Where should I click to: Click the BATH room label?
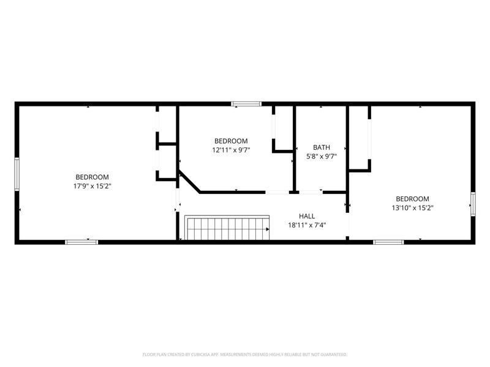coord(321,147)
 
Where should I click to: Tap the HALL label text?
coord(307,216)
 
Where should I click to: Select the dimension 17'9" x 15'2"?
coord(92,187)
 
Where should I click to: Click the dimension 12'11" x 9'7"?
coord(231,150)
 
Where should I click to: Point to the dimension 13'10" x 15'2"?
coord(412,208)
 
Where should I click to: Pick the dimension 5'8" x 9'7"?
coord(321,156)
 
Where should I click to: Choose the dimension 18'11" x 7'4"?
coord(307,225)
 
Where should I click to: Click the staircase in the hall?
coord(227,228)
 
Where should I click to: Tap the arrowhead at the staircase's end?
coord(268,229)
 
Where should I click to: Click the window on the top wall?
coord(246,104)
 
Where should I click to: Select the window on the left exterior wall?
coord(17,174)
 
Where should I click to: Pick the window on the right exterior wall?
coord(473,204)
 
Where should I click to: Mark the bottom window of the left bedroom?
coord(81,242)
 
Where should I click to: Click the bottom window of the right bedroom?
coord(388,242)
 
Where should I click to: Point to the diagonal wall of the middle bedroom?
coord(190,182)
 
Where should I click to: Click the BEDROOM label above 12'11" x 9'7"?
coord(231,141)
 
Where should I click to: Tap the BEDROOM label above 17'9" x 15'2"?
coord(92,177)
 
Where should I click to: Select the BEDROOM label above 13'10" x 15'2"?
coord(412,199)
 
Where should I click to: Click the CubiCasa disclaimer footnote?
coord(244,355)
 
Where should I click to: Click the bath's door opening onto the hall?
coord(311,192)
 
